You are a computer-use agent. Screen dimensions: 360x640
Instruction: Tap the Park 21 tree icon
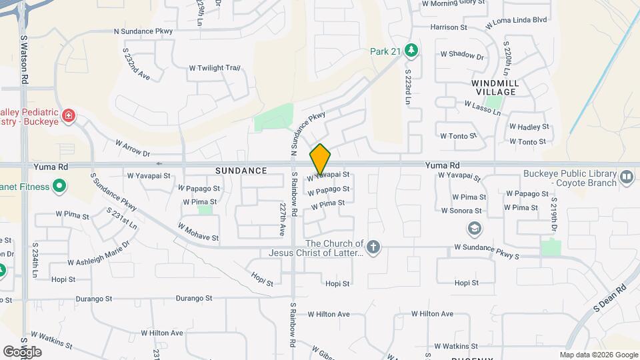coord(413,50)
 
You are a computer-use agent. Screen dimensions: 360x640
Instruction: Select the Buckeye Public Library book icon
coord(626,177)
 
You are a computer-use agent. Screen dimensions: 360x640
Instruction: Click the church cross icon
coord(373,248)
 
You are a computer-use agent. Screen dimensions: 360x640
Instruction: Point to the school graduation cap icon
coord(475,229)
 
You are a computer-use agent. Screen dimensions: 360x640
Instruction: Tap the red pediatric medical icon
coord(67,117)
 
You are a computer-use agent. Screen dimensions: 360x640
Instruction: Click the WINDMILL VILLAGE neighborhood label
coord(494,87)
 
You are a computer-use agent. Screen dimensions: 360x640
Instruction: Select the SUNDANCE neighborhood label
coord(241,171)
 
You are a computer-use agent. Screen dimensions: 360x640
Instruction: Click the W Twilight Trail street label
coord(214,68)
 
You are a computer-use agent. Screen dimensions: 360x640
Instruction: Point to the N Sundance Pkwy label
coord(143,31)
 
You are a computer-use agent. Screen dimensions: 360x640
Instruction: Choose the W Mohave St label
coord(198,232)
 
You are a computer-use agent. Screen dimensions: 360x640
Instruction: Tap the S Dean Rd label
coord(610,298)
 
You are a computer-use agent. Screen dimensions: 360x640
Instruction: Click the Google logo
coord(22,351)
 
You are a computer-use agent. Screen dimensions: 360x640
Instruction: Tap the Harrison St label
coord(449,27)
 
